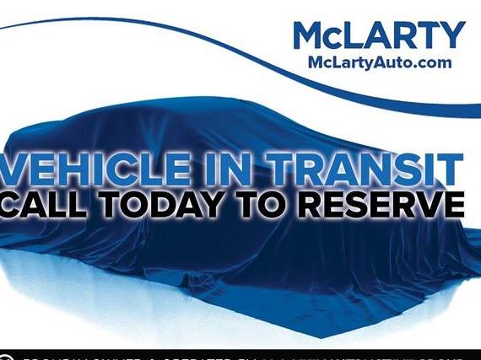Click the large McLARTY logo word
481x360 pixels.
point(379,36)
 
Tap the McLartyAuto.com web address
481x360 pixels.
point(379,62)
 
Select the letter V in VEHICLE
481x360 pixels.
point(19,168)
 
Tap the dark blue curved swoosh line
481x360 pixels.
point(169,34)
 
